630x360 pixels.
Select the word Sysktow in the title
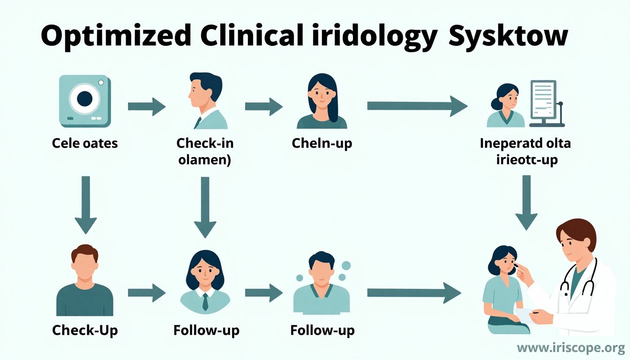[x=508, y=36]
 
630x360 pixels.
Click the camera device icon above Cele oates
[x=85, y=101]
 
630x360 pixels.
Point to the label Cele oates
[x=85, y=142]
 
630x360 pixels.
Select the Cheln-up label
[x=322, y=142]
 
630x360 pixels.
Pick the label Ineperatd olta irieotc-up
[x=525, y=151]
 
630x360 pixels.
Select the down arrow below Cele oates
[x=85, y=204]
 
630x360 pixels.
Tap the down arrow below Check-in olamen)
[x=204, y=206]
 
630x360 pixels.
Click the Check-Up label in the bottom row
[x=85, y=330]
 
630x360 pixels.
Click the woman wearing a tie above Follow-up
[x=205, y=281]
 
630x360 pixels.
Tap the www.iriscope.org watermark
[x=571, y=348]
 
